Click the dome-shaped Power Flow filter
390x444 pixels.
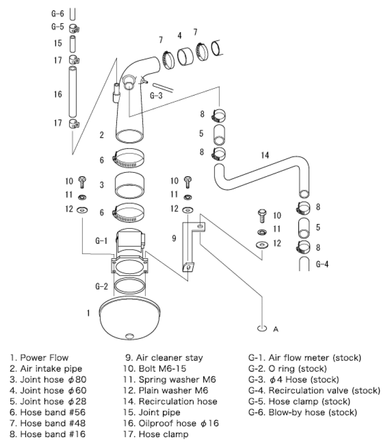[130, 319]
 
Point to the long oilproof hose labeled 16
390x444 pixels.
[72, 94]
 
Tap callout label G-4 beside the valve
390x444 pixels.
[323, 265]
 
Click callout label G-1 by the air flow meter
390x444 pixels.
[101, 240]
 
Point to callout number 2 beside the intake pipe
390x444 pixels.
[101, 135]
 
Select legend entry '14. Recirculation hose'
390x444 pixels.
[172, 401]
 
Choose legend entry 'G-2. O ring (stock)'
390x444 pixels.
[288, 369]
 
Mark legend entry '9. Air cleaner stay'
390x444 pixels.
[164, 358]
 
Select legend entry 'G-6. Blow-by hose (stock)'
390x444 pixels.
[303, 412]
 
